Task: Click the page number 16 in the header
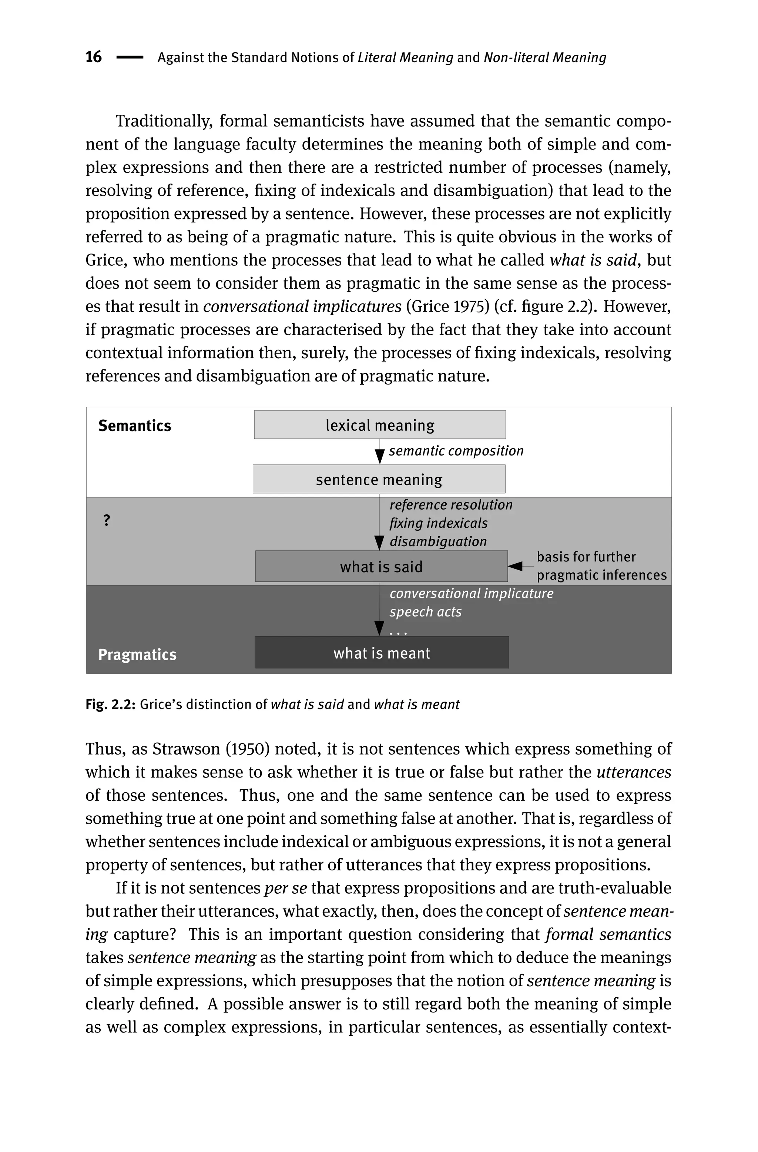pos(93,57)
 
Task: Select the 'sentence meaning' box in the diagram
pos(379,479)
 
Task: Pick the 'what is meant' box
pos(382,653)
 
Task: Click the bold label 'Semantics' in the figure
pos(135,426)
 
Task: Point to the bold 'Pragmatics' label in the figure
pos(137,654)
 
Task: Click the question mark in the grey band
pos(107,521)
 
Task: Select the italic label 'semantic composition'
pos(456,451)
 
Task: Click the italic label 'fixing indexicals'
pos(439,523)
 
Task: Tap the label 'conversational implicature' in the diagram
pos(471,594)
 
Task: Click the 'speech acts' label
pos(426,612)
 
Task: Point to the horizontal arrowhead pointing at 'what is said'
pos(516,566)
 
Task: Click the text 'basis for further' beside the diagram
pos(586,557)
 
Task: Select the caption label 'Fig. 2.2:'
pos(110,704)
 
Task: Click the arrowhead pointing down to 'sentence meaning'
pos(379,456)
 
